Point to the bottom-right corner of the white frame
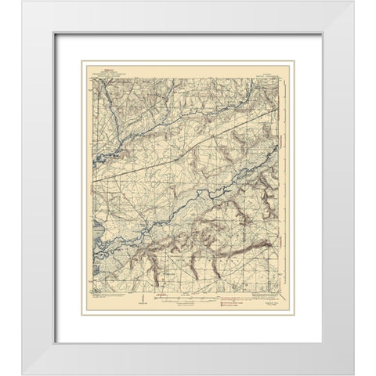pyautogui.click(x=358, y=358)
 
